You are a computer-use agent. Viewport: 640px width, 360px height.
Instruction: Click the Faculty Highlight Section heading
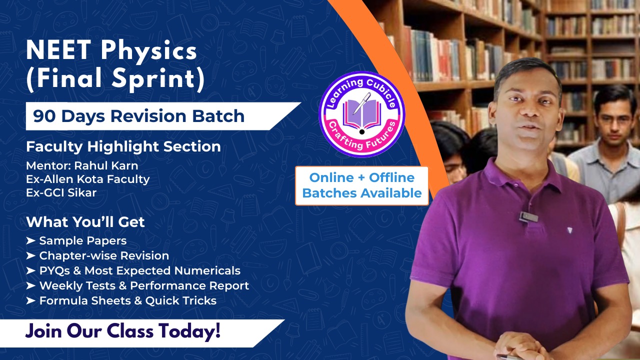click(x=123, y=146)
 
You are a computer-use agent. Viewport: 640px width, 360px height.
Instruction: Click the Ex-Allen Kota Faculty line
click(x=87, y=178)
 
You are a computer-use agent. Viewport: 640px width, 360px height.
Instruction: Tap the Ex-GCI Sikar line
click(x=61, y=192)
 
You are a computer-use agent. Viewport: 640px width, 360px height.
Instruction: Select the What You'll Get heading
click(x=85, y=221)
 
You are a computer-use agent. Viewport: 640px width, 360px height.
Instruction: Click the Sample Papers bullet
click(x=82, y=240)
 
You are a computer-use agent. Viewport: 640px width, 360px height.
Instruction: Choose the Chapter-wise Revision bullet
click(x=104, y=255)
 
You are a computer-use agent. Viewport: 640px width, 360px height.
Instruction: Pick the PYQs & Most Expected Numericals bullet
click(x=139, y=270)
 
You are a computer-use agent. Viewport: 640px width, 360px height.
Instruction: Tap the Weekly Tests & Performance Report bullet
click(x=144, y=285)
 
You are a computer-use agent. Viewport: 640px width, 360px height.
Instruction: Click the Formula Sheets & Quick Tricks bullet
click(x=127, y=300)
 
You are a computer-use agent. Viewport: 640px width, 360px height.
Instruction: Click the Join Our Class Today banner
click(x=123, y=331)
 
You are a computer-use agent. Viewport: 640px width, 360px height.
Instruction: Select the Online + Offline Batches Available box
click(x=362, y=185)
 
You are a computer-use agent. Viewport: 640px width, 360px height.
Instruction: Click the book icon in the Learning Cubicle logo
click(x=361, y=112)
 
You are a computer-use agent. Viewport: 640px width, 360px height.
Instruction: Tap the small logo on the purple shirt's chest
click(x=570, y=230)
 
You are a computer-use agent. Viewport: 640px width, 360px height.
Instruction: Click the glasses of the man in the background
click(x=614, y=120)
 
